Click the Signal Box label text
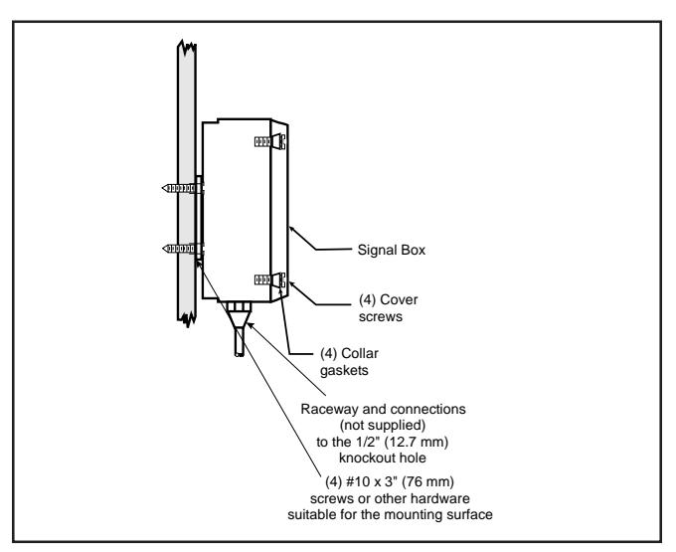pos(392,250)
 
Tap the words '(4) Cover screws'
pos(388,308)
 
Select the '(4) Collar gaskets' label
pos(349,362)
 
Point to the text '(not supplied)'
pos(383,426)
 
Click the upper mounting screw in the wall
pos(182,188)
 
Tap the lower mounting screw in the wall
pos(182,249)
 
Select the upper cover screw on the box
pos(269,141)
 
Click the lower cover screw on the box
pos(269,280)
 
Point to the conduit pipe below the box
pos(240,341)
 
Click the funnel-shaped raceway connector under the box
pos(240,318)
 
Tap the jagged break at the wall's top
pos(187,47)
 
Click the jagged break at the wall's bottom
pos(187,320)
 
